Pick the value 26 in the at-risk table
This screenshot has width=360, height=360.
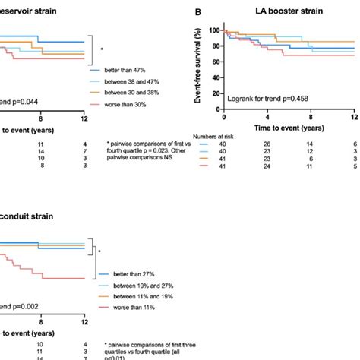[x=267, y=144]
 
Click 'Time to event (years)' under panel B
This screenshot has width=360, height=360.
[x=288, y=130]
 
